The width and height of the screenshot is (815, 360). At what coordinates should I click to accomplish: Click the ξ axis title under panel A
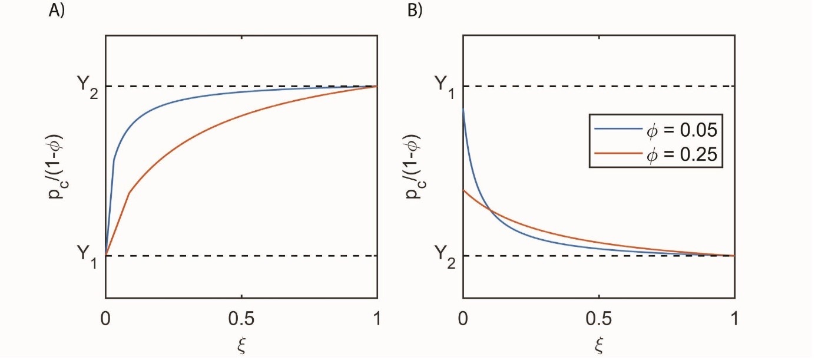click(240, 344)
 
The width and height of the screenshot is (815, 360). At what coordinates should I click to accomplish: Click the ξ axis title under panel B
click(599, 344)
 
